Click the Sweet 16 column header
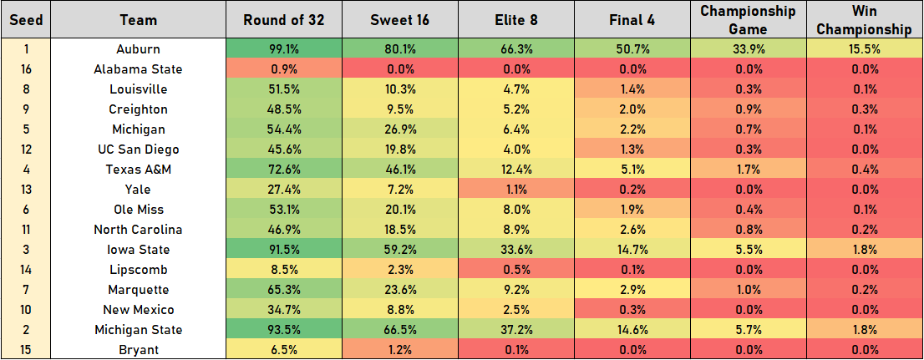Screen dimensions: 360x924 click(x=399, y=20)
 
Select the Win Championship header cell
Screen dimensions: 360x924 click(x=864, y=20)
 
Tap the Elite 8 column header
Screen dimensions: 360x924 click(x=515, y=20)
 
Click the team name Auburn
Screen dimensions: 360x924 click(x=138, y=49)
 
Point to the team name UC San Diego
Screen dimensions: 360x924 click(x=138, y=150)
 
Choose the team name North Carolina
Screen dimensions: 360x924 click(x=138, y=230)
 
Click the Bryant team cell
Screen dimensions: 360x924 click(x=138, y=350)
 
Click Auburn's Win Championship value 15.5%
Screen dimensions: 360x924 click(x=864, y=49)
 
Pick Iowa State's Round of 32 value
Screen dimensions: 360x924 click(x=284, y=250)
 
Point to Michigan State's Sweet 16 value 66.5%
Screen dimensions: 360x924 click(x=399, y=330)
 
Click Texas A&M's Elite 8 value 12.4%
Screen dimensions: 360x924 click(x=515, y=170)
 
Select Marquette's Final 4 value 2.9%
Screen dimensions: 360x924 click(x=632, y=290)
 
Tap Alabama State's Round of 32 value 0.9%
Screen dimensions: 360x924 click(x=284, y=69)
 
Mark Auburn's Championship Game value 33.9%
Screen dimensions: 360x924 click(x=748, y=49)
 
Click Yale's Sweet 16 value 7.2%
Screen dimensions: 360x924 click(x=399, y=190)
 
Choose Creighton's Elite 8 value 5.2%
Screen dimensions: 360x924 click(x=515, y=109)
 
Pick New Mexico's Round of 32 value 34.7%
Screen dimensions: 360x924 click(x=284, y=310)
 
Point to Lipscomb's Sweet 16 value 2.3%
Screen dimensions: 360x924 click(x=399, y=270)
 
